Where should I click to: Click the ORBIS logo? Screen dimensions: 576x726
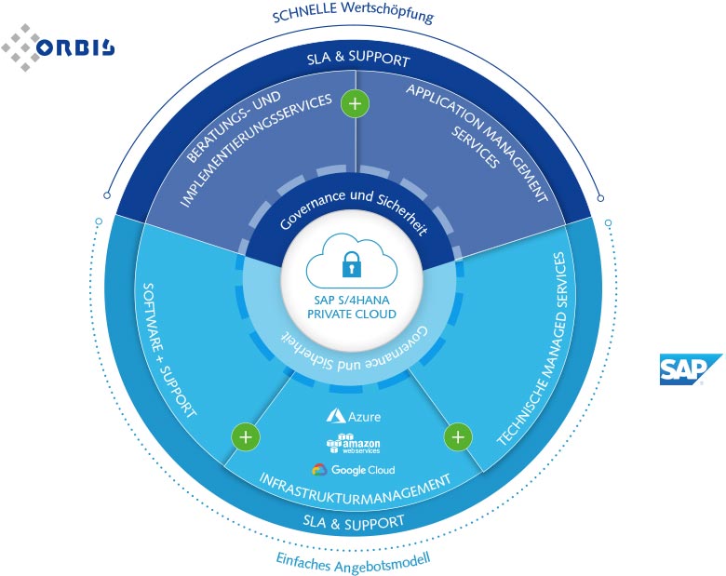(x=57, y=46)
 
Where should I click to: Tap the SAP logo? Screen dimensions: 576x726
(x=690, y=369)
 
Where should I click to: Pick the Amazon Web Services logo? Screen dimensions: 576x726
(x=353, y=443)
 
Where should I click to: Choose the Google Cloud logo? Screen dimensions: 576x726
(x=354, y=470)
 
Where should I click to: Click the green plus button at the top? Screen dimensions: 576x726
(x=355, y=103)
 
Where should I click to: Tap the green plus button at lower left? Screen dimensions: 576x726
(x=245, y=435)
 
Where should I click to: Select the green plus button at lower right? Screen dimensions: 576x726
(x=457, y=435)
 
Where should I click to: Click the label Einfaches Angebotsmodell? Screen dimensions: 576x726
(x=353, y=560)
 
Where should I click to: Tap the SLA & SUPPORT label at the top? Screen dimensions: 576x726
(x=356, y=62)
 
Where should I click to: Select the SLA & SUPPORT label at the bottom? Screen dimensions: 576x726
(x=354, y=522)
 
